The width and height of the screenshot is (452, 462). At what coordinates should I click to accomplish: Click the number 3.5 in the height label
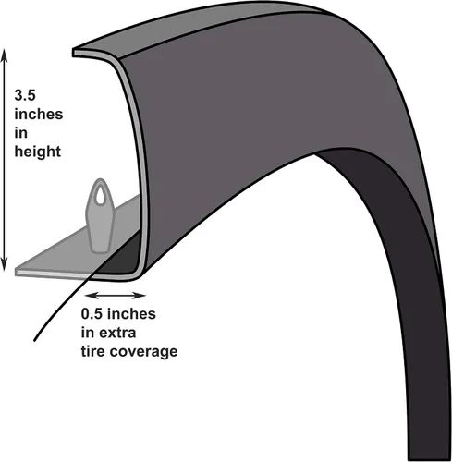pos(25,95)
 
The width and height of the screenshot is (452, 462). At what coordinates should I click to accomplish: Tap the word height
pos(38,152)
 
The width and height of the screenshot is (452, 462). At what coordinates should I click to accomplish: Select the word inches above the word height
pos(39,114)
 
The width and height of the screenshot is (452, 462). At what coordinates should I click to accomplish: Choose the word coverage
pos(143,352)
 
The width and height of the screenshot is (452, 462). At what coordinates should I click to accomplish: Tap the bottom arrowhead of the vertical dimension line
pos(4,265)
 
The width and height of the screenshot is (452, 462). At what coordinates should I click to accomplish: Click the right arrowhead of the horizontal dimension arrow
pos(140,296)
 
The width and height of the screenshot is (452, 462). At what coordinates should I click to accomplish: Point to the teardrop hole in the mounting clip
pos(99,196)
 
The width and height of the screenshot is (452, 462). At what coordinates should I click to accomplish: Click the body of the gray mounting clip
pos(99,225)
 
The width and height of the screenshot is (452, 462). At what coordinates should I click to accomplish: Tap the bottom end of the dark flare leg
pos(428,458)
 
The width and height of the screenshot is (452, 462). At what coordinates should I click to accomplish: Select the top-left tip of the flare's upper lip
pos(74,52)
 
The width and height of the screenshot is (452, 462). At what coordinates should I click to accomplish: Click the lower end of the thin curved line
pos(34,340)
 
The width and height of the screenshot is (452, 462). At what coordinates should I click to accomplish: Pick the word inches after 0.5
pos(131,314)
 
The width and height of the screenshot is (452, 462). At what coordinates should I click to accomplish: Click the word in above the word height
pos(20,133)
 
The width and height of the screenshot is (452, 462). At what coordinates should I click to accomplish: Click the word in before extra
pos(88,333)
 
